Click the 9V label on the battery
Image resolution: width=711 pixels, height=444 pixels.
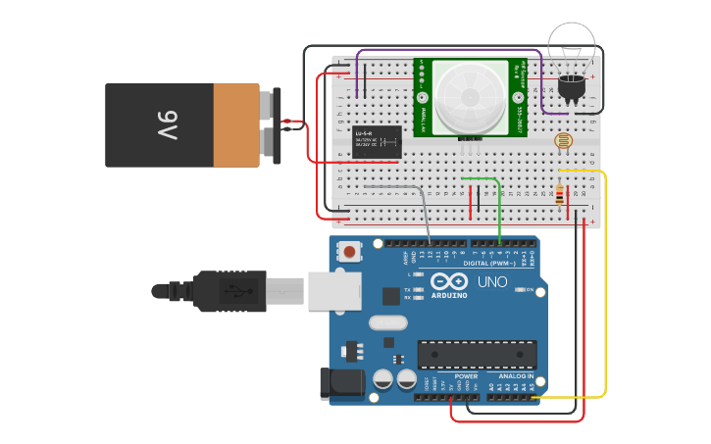(x=167, y=125)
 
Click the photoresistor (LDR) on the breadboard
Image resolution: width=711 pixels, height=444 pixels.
(x=563, y=141)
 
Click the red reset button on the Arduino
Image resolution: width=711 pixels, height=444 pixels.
(x=350, y=252)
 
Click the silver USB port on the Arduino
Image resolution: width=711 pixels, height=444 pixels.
(x=334, y=291)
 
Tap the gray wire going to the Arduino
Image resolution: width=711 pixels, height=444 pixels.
(x=426, y=211)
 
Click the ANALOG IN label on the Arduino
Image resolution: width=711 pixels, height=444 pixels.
(x=515, y=376)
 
